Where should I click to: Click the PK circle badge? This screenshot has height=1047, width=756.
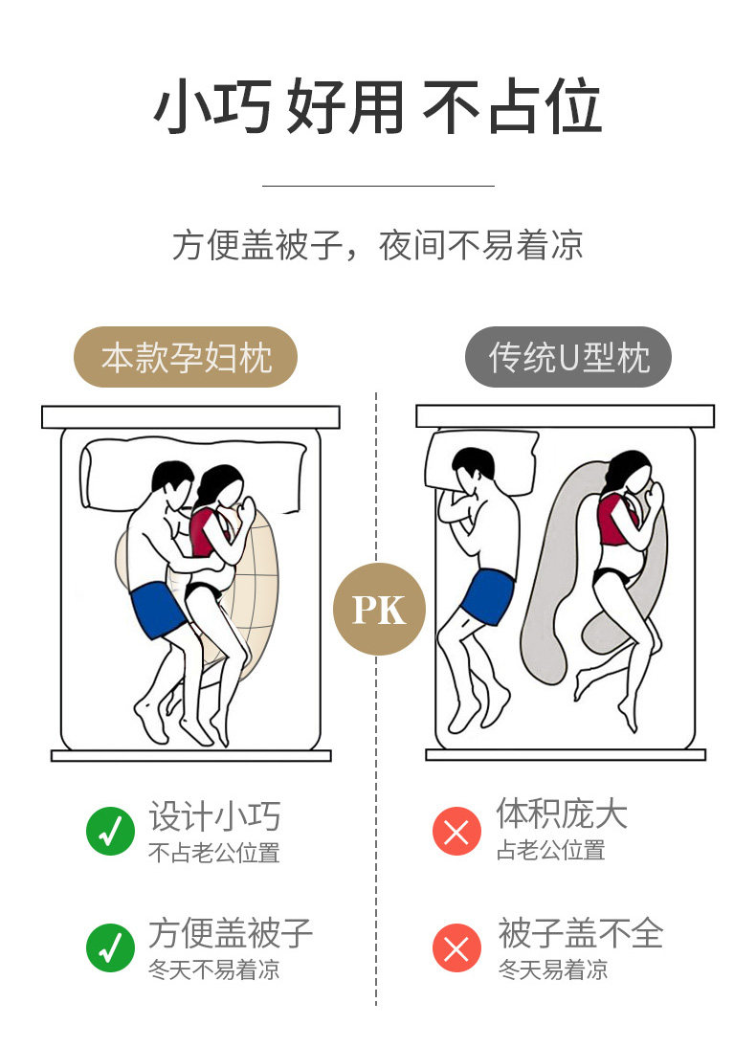point(379,610)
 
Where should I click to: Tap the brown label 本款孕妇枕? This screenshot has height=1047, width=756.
point(187,358)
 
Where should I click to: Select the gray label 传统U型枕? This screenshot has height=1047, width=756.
point(568,358)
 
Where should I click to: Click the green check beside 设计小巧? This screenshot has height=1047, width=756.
point(111,831)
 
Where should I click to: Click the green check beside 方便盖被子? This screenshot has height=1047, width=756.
point(111,947)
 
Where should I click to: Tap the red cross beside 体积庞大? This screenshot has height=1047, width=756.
point(456,831)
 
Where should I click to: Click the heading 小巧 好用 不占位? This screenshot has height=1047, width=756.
point(378,107)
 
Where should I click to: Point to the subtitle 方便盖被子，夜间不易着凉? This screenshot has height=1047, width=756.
point(378,246)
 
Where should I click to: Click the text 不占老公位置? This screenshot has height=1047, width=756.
point(213,853)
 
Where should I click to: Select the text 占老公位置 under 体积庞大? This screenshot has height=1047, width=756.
point(550,850)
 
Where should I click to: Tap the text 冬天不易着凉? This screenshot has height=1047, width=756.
point(213,969)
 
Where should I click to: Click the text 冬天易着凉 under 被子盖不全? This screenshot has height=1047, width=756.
point(552,969)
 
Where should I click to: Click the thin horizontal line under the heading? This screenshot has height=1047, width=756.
point(378,186)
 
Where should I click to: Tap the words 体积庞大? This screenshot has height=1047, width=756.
point(562,814)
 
